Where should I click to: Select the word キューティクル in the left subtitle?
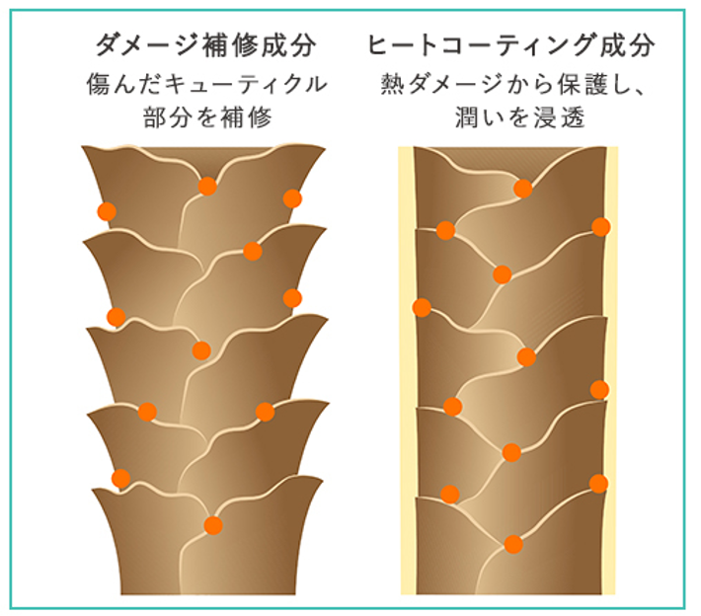pos(249,85)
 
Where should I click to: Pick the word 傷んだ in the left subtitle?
pos(126,85)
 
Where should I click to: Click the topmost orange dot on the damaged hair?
pos(207,187)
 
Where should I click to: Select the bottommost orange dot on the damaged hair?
pos(213,525)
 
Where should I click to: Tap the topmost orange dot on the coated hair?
pos(523,189)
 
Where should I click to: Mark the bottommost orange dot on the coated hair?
pos(513,544)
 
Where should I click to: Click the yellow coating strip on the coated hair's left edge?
pos(406,375)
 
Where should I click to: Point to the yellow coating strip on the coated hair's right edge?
pos(612,375)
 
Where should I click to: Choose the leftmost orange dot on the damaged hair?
pos(107,211)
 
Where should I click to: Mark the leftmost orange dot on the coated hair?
pos(422,307)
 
